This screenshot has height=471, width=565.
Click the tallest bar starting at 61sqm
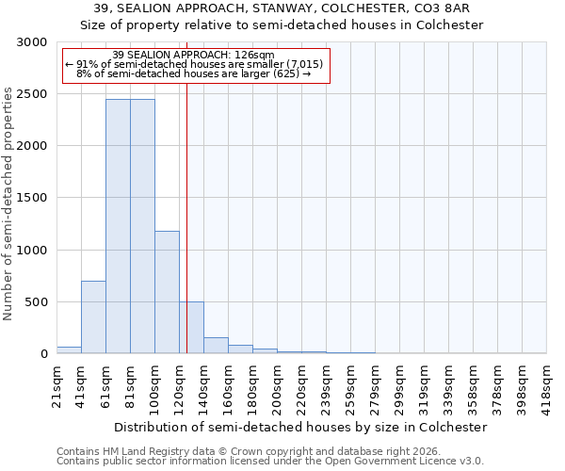118,226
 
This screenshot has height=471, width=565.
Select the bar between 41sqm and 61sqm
93,317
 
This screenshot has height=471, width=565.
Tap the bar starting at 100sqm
167,292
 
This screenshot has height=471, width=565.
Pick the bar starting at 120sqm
191,328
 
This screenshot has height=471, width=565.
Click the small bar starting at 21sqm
69,349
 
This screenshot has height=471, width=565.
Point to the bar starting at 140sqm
216,345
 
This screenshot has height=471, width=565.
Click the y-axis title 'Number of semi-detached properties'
8,203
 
